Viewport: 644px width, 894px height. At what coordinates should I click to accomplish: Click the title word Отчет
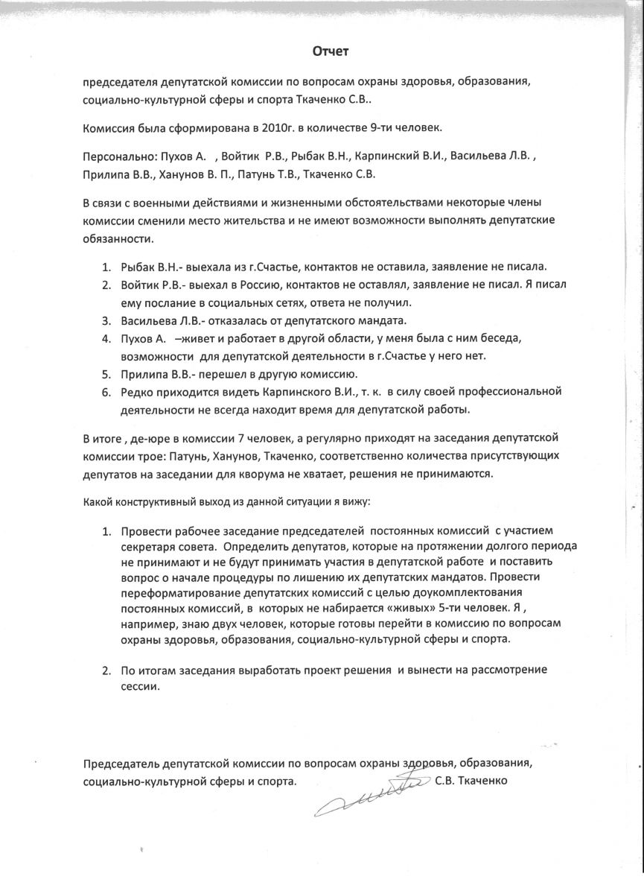click(329, 51)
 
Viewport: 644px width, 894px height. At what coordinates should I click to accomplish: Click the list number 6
click(106, 392)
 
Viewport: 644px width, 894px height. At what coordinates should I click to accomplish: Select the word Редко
click(136, 392)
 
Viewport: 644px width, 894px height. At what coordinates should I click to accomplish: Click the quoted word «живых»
click(402, 609)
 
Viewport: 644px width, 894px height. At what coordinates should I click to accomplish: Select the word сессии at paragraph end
click(139, 687)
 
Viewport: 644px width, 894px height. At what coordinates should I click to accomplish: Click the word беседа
click(500, 339)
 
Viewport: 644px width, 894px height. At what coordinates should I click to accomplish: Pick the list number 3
click(106, 321)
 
